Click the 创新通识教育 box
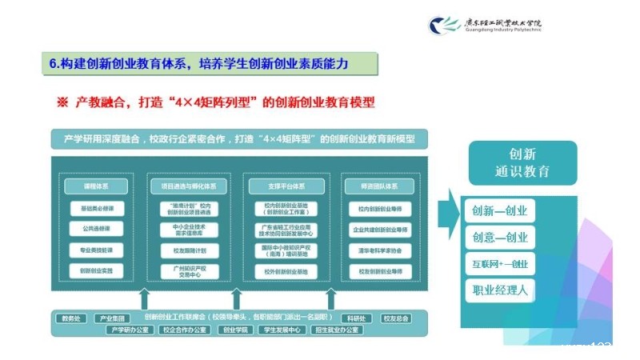[x=523, y=162]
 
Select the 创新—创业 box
[x=500, y=211]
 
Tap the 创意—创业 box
[x=500, y=237]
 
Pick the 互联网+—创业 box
[x=500, y=263]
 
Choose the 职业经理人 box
[x=500, y=290]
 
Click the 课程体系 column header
[x=95, y=186]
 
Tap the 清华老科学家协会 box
[x=381, y=250]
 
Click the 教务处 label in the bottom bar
[x=72, y=318]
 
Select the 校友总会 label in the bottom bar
[x=396, y=318]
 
